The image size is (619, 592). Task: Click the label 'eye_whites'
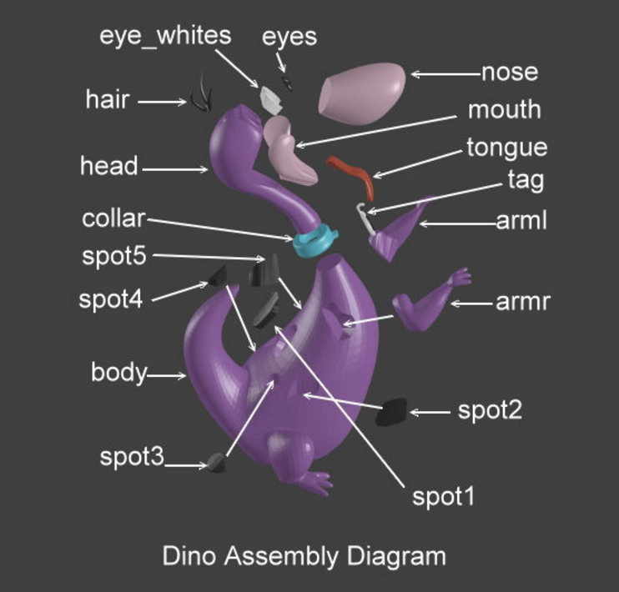[165, 36]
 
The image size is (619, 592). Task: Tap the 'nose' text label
[509, 73]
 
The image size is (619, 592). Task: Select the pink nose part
[361, 90]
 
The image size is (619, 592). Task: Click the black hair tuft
[201, 95]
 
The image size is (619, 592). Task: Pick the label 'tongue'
[506, 148]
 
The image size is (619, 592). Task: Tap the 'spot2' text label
[490, 410]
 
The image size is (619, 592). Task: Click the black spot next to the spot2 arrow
[390, 412]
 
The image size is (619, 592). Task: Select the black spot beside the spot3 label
[219, 462]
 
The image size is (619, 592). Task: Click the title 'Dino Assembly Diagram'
[304, 555]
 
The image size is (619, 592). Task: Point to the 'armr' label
[523, 302]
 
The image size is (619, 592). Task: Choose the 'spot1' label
[443, 497]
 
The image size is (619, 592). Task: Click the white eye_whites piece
[269, 100]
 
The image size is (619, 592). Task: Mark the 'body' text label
[118, 373]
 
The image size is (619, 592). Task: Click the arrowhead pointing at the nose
[414, 74]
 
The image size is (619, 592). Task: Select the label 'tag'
[526, 179]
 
